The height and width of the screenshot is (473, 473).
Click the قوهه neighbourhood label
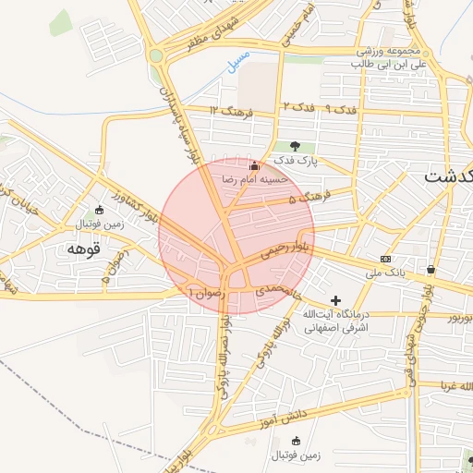pyautogui.click(x=84, y=249)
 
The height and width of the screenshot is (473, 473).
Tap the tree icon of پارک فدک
pyautogui.click(x=295, y=145)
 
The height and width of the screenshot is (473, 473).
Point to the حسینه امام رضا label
pyautogui.click(x=255, y=178)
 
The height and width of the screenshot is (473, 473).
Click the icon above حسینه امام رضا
pyautogui.click(x=254, y=165)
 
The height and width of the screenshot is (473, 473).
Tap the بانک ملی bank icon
pyautogui.click(x=385, y=259)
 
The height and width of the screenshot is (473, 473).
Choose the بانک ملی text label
pyautogui.click(x=386, y=273)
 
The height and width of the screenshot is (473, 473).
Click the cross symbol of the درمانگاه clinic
pyautogui.click(x=335, y=300)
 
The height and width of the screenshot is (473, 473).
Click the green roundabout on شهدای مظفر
pyautogui.click(x=155, y=56)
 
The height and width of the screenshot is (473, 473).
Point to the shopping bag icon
pyautogui.click(x=431, y=269)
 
